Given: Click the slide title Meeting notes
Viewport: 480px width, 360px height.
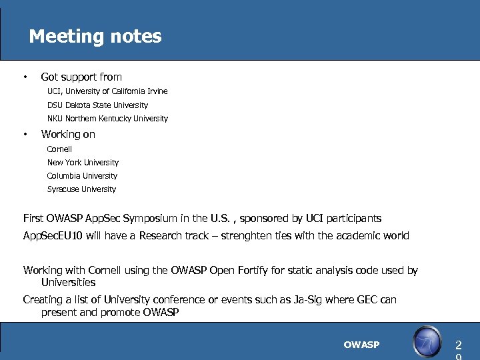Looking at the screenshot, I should point(95,36).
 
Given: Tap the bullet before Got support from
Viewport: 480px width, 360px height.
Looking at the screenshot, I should point(25,77).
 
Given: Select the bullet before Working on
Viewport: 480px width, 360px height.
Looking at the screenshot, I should point(25,134).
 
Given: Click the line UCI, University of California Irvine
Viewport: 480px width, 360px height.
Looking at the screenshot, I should point(107,91).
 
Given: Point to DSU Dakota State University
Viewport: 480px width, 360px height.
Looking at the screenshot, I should point(97,105).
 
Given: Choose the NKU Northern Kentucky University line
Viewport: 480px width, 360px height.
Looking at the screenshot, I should point(107,119).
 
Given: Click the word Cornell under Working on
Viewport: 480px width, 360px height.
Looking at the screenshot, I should point(59,149).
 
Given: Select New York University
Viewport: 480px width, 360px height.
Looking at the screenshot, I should point(83,163).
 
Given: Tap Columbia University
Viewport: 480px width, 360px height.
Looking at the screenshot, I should point(82,176).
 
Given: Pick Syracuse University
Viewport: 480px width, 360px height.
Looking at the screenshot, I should point(81,189).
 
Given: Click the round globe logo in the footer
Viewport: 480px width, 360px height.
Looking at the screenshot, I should point(427,342).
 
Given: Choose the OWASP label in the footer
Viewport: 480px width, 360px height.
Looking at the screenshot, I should point(361,345).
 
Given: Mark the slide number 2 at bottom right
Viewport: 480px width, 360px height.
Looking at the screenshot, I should point(458,345).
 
